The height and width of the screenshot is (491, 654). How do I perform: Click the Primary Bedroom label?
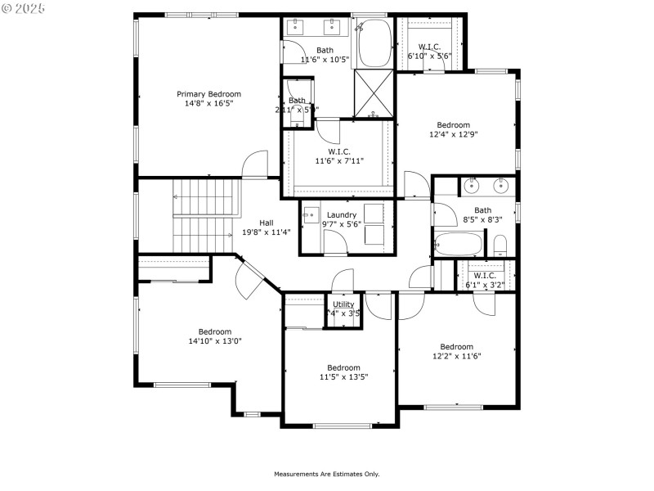(x=208, y=94)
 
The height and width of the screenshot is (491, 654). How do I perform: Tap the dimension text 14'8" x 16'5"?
(x=208, y=103)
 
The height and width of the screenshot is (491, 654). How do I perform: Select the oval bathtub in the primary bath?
(x=374, y=43)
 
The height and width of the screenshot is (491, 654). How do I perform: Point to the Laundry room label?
(x=341, y=215)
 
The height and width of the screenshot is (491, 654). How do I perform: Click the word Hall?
(x=267, y=223)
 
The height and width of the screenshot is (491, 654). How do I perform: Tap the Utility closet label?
(x=343, y=304)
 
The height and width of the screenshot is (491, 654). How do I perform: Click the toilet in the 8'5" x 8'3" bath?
(x=500, y=245)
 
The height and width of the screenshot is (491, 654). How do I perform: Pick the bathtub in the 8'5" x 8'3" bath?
(x=458, y=244)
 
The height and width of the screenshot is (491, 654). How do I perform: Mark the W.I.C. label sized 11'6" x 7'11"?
(x=339, y=151)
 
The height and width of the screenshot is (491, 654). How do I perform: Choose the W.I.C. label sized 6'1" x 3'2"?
(x=485, y=276)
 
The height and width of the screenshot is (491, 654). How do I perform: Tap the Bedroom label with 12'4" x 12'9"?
(x=453, y=125)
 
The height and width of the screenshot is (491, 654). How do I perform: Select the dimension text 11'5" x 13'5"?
(x=343, y=377)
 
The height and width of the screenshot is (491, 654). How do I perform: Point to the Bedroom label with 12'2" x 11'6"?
(x=456, y=346)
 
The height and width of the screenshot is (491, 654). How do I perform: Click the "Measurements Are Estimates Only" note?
(x=327, y=474)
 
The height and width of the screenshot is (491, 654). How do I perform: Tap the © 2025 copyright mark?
(x=24, y=8)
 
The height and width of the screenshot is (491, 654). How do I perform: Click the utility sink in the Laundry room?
(x=311, y=216)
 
